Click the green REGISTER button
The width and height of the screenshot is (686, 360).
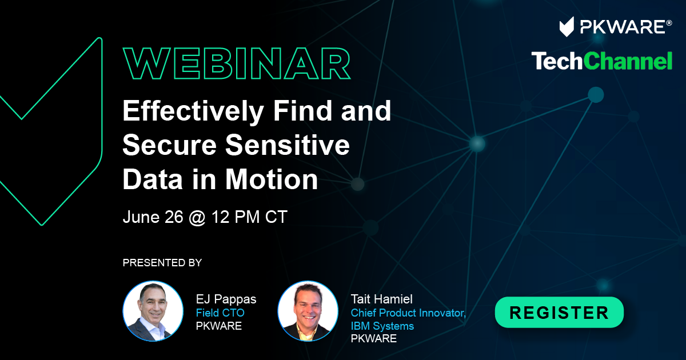point(559,312)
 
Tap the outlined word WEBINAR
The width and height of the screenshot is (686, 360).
point(237,63)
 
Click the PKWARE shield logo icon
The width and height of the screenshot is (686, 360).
point(567,27)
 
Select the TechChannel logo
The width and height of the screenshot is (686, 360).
point(602,61)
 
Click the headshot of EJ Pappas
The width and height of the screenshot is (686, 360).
point(153,311)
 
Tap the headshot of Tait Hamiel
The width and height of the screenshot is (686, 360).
point(308,311)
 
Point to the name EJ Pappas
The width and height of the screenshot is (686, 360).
point(226,299)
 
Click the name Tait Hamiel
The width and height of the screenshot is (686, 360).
point(382,299)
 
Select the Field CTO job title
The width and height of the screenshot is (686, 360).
point(220,313)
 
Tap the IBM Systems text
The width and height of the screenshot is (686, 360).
point(382,326)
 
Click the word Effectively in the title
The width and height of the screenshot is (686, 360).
point(193,111)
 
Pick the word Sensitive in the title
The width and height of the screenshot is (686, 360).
point(288,145)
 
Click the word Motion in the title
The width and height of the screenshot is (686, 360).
point(272,179)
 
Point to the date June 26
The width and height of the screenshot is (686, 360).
point(153,217)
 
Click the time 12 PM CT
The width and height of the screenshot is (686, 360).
point(249,217)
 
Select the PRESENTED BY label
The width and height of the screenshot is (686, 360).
point(162,263)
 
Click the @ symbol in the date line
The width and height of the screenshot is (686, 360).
point(197,218)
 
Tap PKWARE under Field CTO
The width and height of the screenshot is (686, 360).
point(218,326)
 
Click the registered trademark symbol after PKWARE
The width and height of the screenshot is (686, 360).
point(669,23)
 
